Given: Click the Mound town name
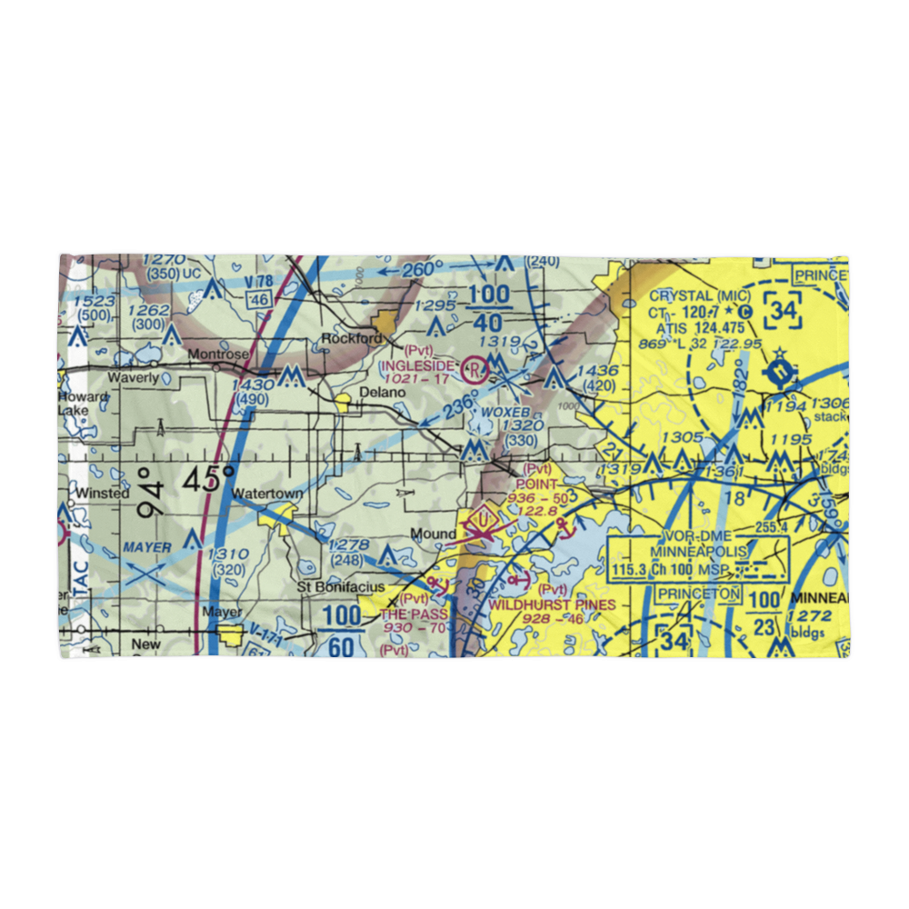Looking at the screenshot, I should (433, 534).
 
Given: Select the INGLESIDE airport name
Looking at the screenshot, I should (415, 365).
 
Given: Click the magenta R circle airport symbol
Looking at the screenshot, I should (473, 369).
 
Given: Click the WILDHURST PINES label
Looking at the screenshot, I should (552, 604).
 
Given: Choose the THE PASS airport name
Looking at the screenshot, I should (414, 614).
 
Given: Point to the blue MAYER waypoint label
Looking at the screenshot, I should (146, 548).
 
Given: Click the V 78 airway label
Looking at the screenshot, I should (259, 283).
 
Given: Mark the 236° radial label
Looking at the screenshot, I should (460, 405).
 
